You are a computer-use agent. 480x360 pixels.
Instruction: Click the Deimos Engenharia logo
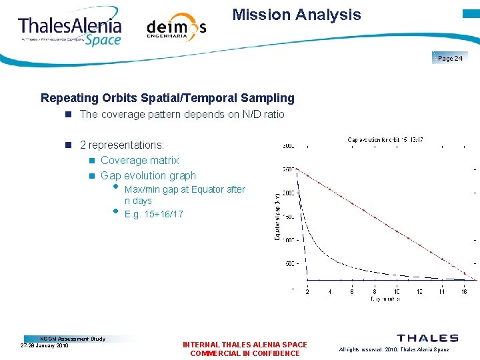[x=176, y=27]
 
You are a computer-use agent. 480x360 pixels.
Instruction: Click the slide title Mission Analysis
[x=297, y=15]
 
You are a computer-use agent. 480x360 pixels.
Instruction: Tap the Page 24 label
[x=450, y=59]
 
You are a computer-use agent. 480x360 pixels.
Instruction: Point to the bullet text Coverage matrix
[x=140, y=161]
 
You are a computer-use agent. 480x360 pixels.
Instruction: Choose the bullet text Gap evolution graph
[x=148, y=176]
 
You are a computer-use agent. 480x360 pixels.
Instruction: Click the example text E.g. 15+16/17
[x=153, y=214]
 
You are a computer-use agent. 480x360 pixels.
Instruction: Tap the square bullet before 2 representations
[x=68, y=145]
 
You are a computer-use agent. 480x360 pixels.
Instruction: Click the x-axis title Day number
[x=385, y=299]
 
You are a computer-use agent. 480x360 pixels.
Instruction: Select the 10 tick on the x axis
[x=397, y=291]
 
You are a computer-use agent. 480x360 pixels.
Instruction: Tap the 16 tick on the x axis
[x=464, y=291]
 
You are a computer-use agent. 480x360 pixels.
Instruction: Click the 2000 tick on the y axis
[x=287, y=193]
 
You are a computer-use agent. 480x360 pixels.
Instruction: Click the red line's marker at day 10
[x=397, y=232]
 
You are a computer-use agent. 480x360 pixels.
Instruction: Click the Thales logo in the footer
[x=427, y=338]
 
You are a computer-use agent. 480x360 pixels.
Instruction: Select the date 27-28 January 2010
[x=45, y=346]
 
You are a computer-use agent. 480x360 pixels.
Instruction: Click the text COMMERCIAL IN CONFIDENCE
[x=245, y=353]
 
